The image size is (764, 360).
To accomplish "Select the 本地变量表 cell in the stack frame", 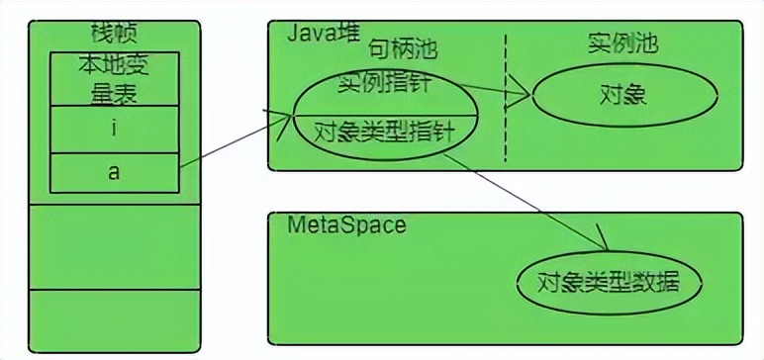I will click(114, 79).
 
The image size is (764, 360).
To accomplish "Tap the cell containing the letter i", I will click(114, 129).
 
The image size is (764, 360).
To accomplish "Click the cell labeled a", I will click(114, 172).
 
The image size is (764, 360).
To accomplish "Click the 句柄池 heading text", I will click(403, 47).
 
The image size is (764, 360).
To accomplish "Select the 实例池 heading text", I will click(622, 45).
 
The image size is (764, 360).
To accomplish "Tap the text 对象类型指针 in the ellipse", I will click(382, 130).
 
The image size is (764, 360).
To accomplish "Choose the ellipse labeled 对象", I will click(622, 96).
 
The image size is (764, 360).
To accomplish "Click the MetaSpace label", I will click(346, 225).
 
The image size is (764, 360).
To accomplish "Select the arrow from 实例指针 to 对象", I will click(485, 92).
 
